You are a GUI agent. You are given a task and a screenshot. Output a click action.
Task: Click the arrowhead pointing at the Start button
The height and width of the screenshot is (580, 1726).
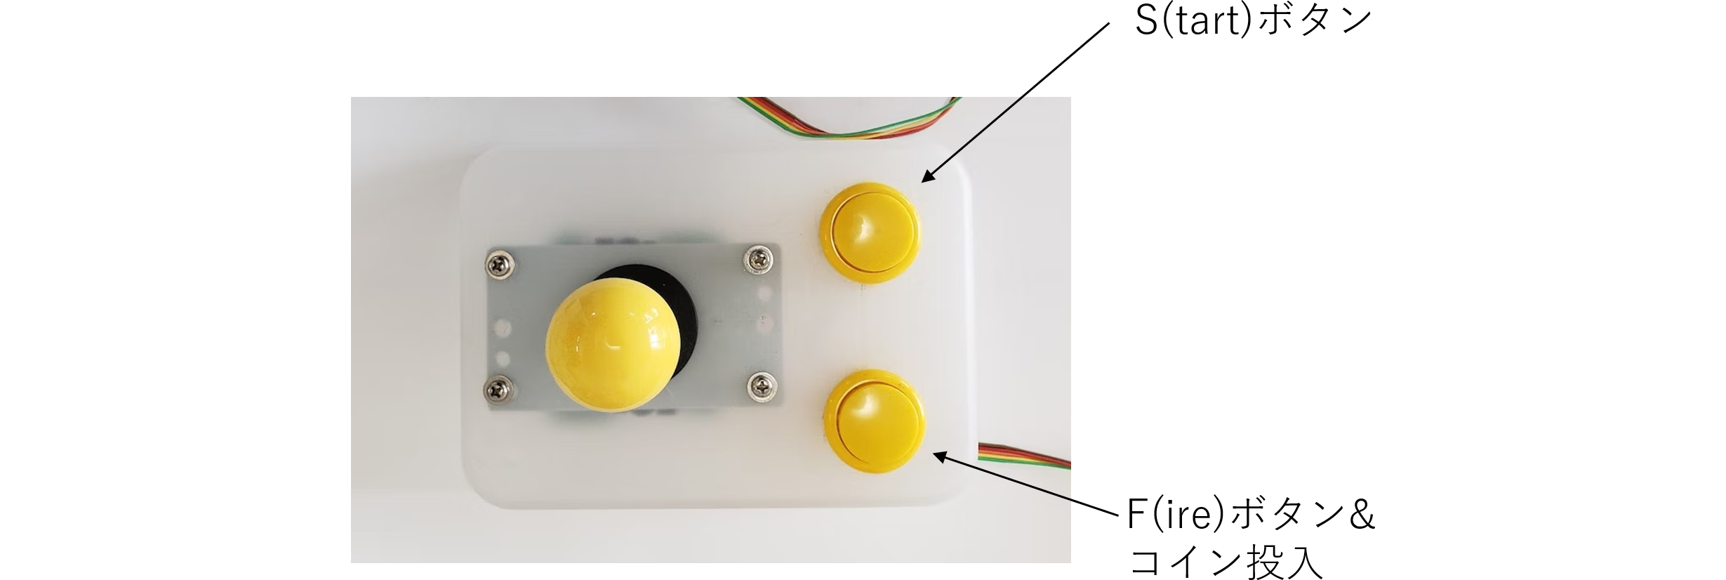tap(927, 177)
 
